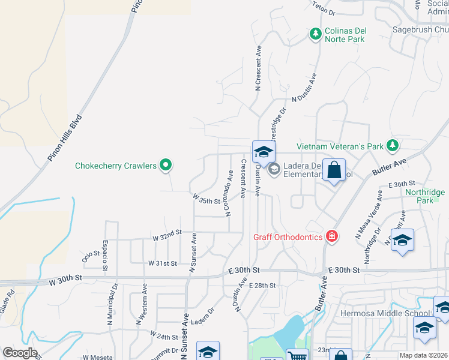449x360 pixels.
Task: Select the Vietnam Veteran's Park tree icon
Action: click(392, 145)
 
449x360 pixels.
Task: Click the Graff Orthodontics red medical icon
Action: click(331, 237)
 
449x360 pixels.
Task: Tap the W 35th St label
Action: click(206, 199)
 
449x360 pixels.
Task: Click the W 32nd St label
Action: click(167, 235)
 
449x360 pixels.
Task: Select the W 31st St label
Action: click(163, 263)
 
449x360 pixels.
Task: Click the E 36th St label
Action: click(402, 184)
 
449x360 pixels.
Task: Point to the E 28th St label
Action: click(262, 286)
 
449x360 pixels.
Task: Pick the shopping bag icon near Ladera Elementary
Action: click(334, 170)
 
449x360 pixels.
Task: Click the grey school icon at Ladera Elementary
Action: click(274, 169)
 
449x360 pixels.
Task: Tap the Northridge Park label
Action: click(424, 196)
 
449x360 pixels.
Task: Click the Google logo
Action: click(19, 353)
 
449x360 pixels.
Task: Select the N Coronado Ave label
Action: click(229, 193)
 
